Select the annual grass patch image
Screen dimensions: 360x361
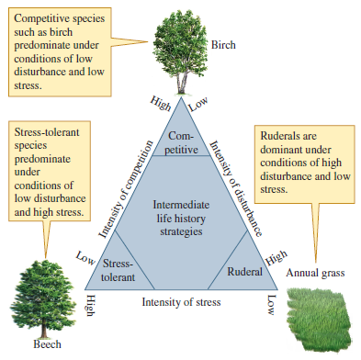322,316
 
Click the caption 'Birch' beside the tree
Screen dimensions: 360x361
224,43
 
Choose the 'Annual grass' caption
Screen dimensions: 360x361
317,273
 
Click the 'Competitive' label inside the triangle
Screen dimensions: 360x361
182,143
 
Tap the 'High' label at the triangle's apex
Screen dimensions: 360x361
162,104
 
